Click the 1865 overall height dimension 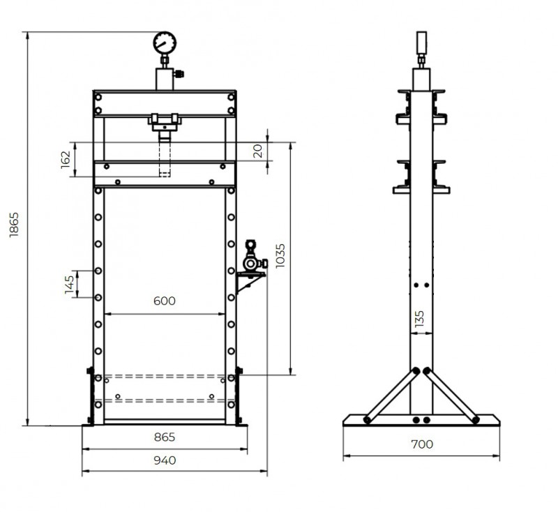coord(15,224)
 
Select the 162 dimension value coord(66,158)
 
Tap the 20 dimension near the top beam coord(258,151)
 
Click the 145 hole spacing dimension coord(69,284)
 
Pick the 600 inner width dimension coord(164,301)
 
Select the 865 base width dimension coord(164,437)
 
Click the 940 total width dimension coord(164,460)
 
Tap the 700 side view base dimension coord(421,444)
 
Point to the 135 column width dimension coord(419,318)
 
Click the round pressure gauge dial coord(165,43)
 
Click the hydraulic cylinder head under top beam coord(165,123)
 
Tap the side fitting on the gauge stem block coord(179,73)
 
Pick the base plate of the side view coord(421,420)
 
